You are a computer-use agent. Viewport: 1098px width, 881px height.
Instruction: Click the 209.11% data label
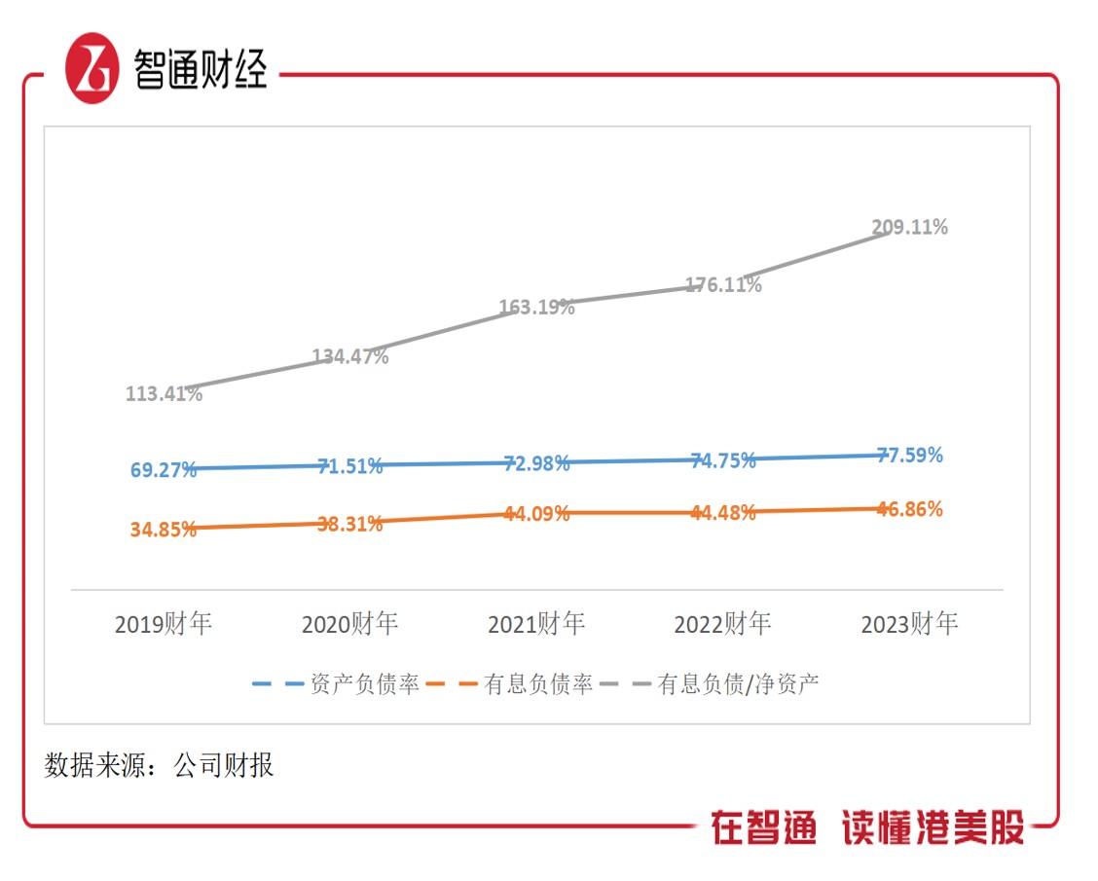point(909,228)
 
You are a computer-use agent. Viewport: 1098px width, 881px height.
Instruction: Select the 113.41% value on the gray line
point(164,394)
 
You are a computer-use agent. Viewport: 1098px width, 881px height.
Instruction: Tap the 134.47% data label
point(350,356)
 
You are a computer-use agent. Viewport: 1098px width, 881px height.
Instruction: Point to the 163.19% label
point(536,308)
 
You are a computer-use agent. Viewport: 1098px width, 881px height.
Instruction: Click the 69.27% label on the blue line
point(164,470)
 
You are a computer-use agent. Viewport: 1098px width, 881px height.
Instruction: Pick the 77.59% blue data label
point(909,455)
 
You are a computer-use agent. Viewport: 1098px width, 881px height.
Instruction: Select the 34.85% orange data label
point(164,530)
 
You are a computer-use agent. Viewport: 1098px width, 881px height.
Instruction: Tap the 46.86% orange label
point(909,509)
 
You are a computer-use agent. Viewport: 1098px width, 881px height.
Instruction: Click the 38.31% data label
point(350,524)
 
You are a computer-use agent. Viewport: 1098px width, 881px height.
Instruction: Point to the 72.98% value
point(536,463)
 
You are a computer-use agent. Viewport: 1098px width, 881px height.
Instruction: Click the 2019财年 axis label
point(164,624)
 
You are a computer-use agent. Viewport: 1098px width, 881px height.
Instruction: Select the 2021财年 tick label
point(536,624)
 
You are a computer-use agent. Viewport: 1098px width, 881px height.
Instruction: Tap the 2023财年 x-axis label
point(909,624)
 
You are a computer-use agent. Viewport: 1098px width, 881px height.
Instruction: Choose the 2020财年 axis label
point(350,624)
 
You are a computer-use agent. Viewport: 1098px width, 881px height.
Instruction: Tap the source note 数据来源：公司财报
point(160,765)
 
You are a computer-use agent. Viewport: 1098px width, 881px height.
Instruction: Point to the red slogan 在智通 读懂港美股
point(867,828)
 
